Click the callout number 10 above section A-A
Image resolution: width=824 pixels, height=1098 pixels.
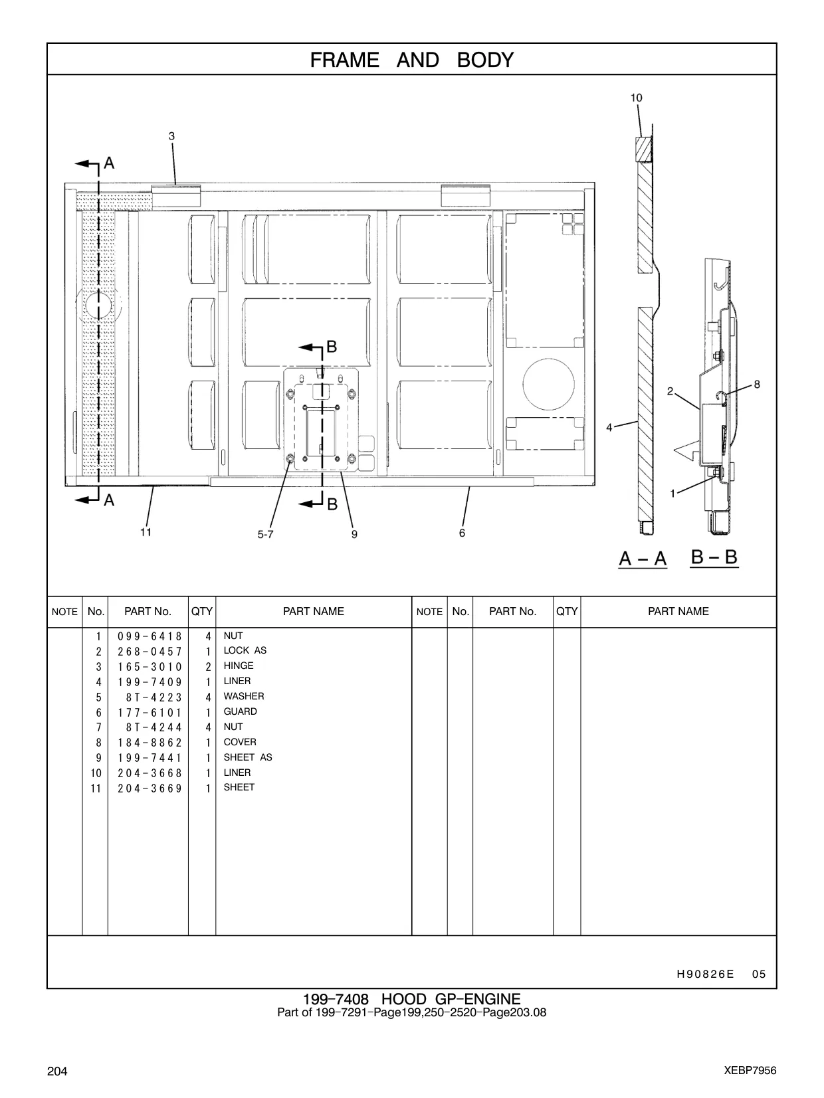click(636, 98)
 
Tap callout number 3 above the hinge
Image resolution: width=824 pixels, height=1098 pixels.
click(171, 136)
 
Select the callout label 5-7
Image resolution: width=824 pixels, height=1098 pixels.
click(266, 534)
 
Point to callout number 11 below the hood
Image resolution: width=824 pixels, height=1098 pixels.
click(146, 532)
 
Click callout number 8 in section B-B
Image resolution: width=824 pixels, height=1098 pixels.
click(757, 384)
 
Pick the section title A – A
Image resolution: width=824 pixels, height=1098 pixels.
click(643, 558)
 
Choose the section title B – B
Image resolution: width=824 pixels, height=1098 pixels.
click(714, 557)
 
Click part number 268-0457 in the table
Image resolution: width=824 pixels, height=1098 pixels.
click(150, 652)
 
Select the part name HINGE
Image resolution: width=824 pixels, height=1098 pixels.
click(239, 666)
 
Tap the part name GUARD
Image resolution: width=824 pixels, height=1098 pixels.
click(240, 711)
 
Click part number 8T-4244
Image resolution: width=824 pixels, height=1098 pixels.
click(154, 727)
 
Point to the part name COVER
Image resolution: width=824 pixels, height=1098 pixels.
click(240, 742)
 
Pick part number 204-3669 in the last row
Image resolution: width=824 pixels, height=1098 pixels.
click(150, 788)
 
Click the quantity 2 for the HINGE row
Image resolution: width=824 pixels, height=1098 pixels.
click(208, 667)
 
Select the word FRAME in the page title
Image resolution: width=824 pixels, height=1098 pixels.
click(345, 60)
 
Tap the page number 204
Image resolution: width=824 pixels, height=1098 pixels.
click(57, 1071)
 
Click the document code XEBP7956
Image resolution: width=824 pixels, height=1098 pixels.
click(750, 1071)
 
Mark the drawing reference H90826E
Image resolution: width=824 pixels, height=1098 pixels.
click(706, 974)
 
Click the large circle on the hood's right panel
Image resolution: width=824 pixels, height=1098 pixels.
click(548, 384)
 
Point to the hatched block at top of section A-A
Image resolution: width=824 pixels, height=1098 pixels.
click(643, 149)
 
